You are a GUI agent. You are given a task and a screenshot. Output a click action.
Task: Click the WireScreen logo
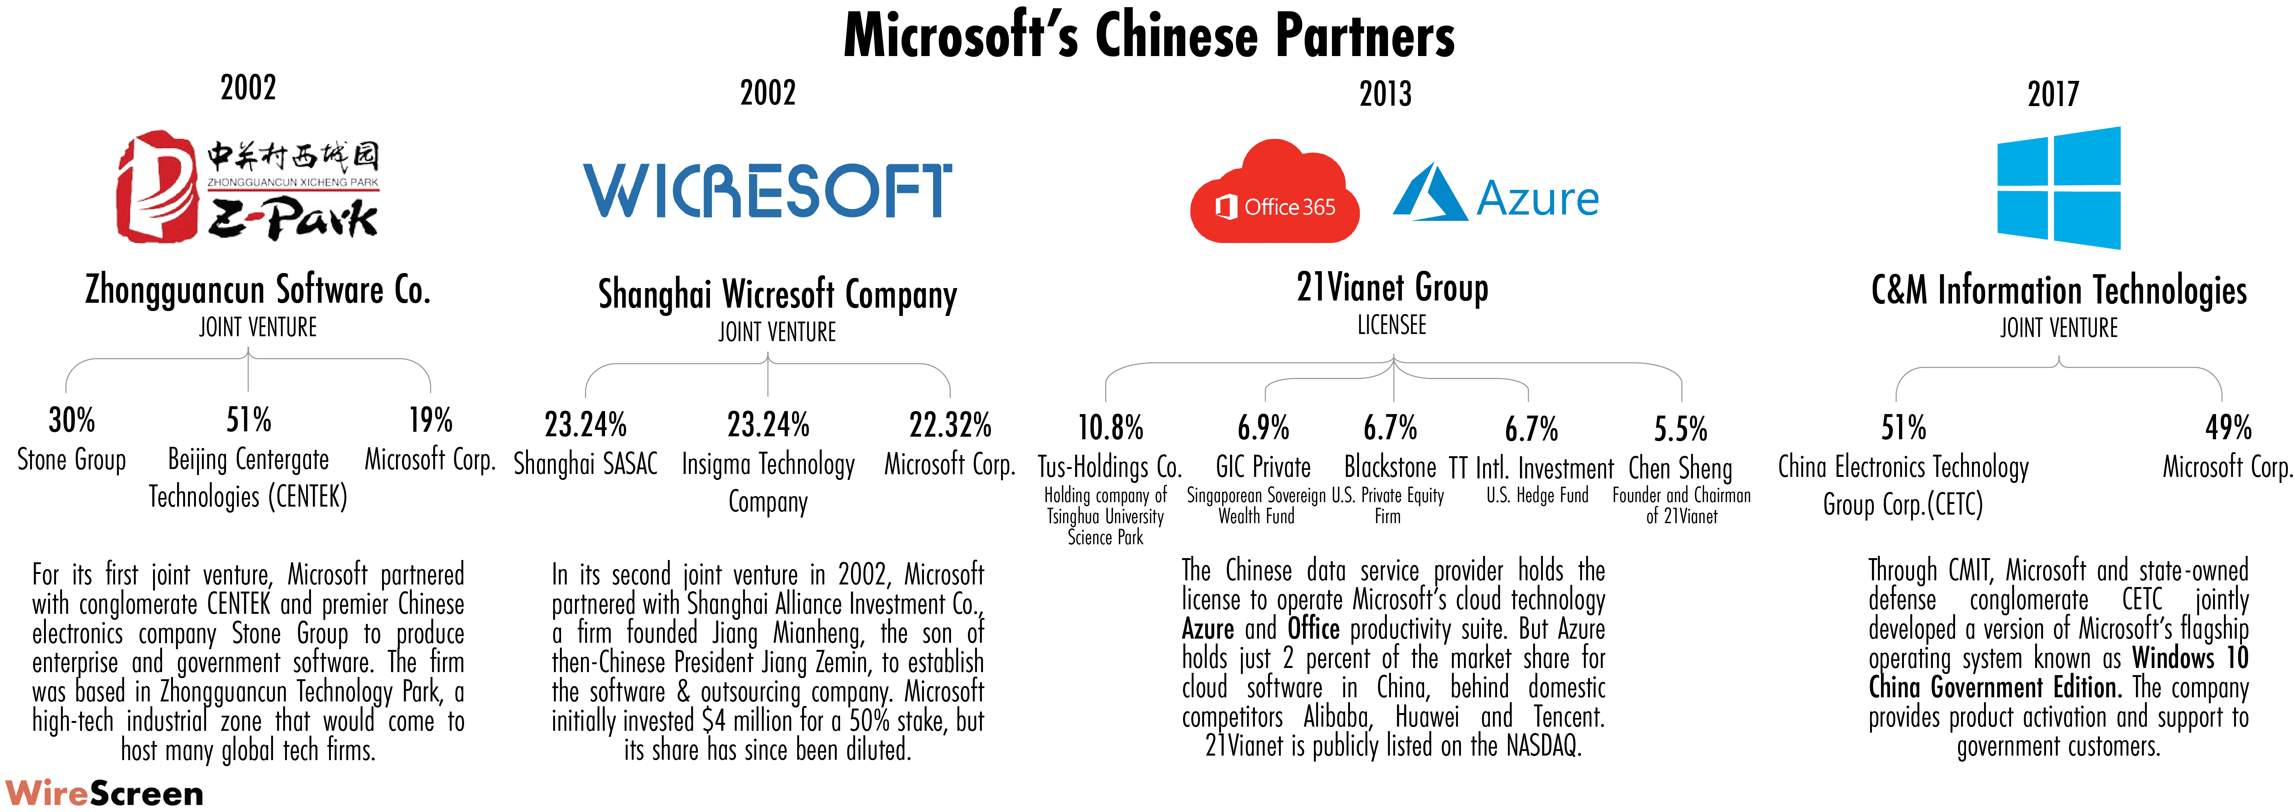104,792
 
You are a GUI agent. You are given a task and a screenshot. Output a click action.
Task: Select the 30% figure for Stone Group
71,420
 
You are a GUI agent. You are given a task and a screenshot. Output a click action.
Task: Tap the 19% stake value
430,420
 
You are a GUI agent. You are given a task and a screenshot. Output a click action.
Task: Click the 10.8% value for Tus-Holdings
1110,428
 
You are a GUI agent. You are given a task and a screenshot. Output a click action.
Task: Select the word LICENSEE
1392,325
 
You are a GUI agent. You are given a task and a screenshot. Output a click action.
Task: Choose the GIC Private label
1263,467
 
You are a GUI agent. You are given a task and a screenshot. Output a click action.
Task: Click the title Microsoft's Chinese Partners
1148,36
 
